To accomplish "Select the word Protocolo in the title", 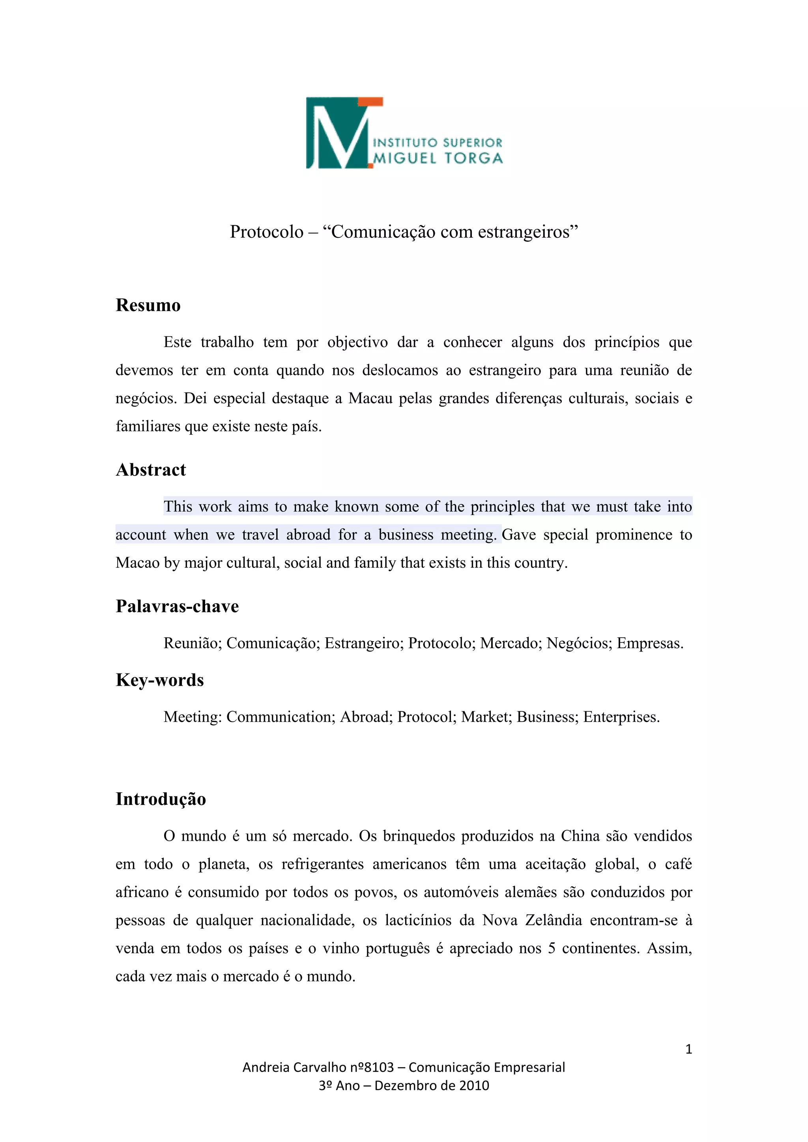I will point(267,232).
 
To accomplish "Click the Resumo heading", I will point(148,305).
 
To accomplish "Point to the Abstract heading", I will point(151,470).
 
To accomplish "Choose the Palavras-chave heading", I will point(177,606).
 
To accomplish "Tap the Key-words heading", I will point(160,680).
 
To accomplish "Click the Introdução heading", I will point(161,799).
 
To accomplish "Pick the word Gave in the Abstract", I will point(518,535).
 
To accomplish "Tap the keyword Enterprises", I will point(621,717).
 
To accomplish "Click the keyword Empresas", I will point(650,643).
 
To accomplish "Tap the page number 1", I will point(688,1049).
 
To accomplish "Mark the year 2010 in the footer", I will point(474,1085).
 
